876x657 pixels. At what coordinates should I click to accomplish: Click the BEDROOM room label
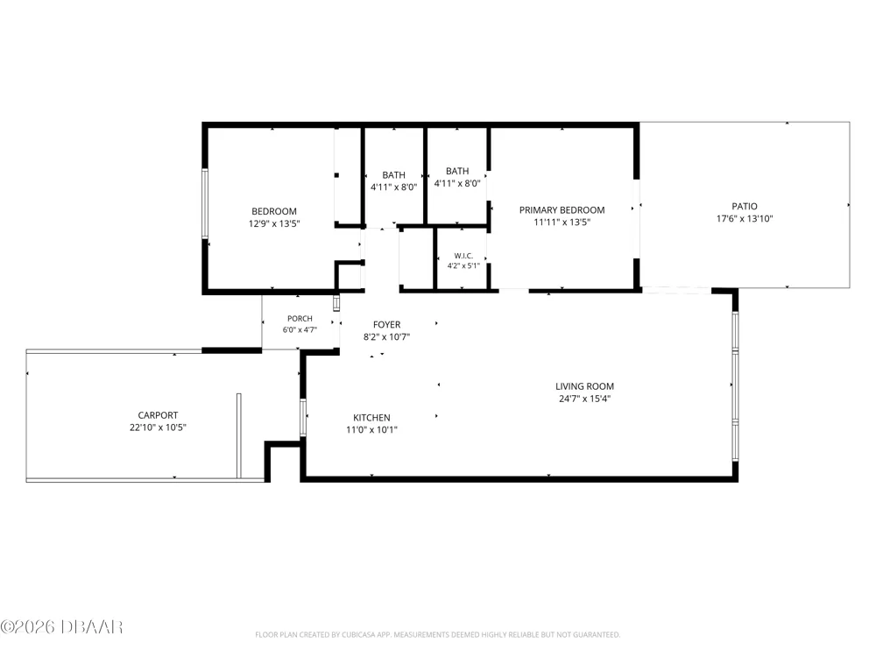point(273,211)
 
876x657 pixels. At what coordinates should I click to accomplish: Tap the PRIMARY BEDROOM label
point(562,210)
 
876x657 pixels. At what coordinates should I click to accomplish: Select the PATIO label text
point(745,206)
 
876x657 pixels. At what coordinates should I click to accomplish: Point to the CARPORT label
point(158,415)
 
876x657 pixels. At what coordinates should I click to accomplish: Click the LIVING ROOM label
point(584,386)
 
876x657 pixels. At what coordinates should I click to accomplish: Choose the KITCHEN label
point(371,417)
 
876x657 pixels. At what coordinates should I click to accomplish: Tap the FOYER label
point(386,325)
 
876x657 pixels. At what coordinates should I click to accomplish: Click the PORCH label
point(300,319)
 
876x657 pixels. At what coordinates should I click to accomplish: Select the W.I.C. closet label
point(463,256)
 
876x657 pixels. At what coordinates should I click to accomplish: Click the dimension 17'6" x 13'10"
point(745,218)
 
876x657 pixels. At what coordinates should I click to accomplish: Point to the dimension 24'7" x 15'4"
point(584,399)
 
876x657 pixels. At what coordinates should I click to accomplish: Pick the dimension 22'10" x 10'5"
point(158,427)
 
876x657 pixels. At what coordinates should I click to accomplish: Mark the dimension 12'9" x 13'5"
point(273,223)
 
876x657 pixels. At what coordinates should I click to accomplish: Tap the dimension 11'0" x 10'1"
point(371,429)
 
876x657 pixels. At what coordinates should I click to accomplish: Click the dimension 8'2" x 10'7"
point(386,337)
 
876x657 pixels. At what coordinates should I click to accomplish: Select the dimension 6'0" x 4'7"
point(300,329)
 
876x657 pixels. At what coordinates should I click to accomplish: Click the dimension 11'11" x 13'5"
point(562,222)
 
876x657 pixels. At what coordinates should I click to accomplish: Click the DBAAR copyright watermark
point(61,627)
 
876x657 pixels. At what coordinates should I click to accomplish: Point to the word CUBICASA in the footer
point(358,634)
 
